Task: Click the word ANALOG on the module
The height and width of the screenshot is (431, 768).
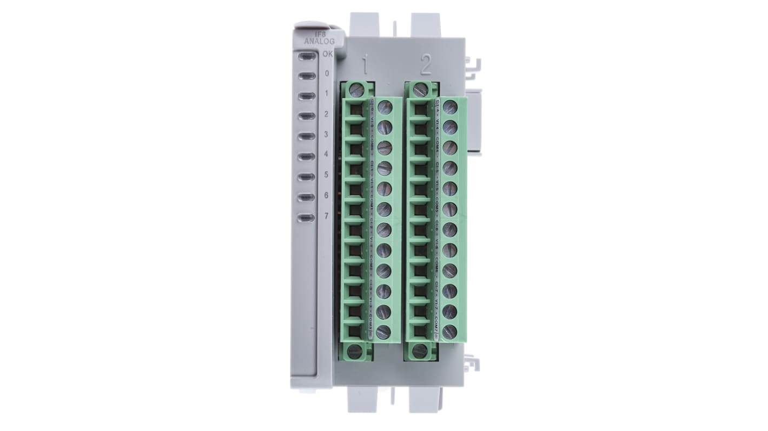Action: click(319, 41)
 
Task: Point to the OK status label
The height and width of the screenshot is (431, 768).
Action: click(327, 54)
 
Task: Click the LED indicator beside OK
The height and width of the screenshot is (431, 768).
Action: click(306, 56)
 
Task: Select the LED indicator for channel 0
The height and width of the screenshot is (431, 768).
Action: click(306, 76)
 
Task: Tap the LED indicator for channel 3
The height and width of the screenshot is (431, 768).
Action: click(306, 137)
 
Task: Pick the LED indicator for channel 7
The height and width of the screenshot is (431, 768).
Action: click(306, 218)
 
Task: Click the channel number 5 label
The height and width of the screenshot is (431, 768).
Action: click(326, 175)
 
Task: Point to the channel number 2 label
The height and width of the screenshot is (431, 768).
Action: click(326, 114)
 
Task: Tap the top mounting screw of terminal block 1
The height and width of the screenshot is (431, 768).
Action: click(356, 90)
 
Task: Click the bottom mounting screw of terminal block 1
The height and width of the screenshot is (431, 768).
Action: click(355, 351)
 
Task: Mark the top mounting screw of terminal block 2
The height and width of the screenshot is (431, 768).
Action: click(420, 90)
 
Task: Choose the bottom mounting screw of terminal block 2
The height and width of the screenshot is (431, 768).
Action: click(420, 351)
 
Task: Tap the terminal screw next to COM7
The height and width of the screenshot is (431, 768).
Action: click(449, 332)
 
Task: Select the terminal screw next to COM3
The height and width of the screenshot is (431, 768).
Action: click(383, 332)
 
